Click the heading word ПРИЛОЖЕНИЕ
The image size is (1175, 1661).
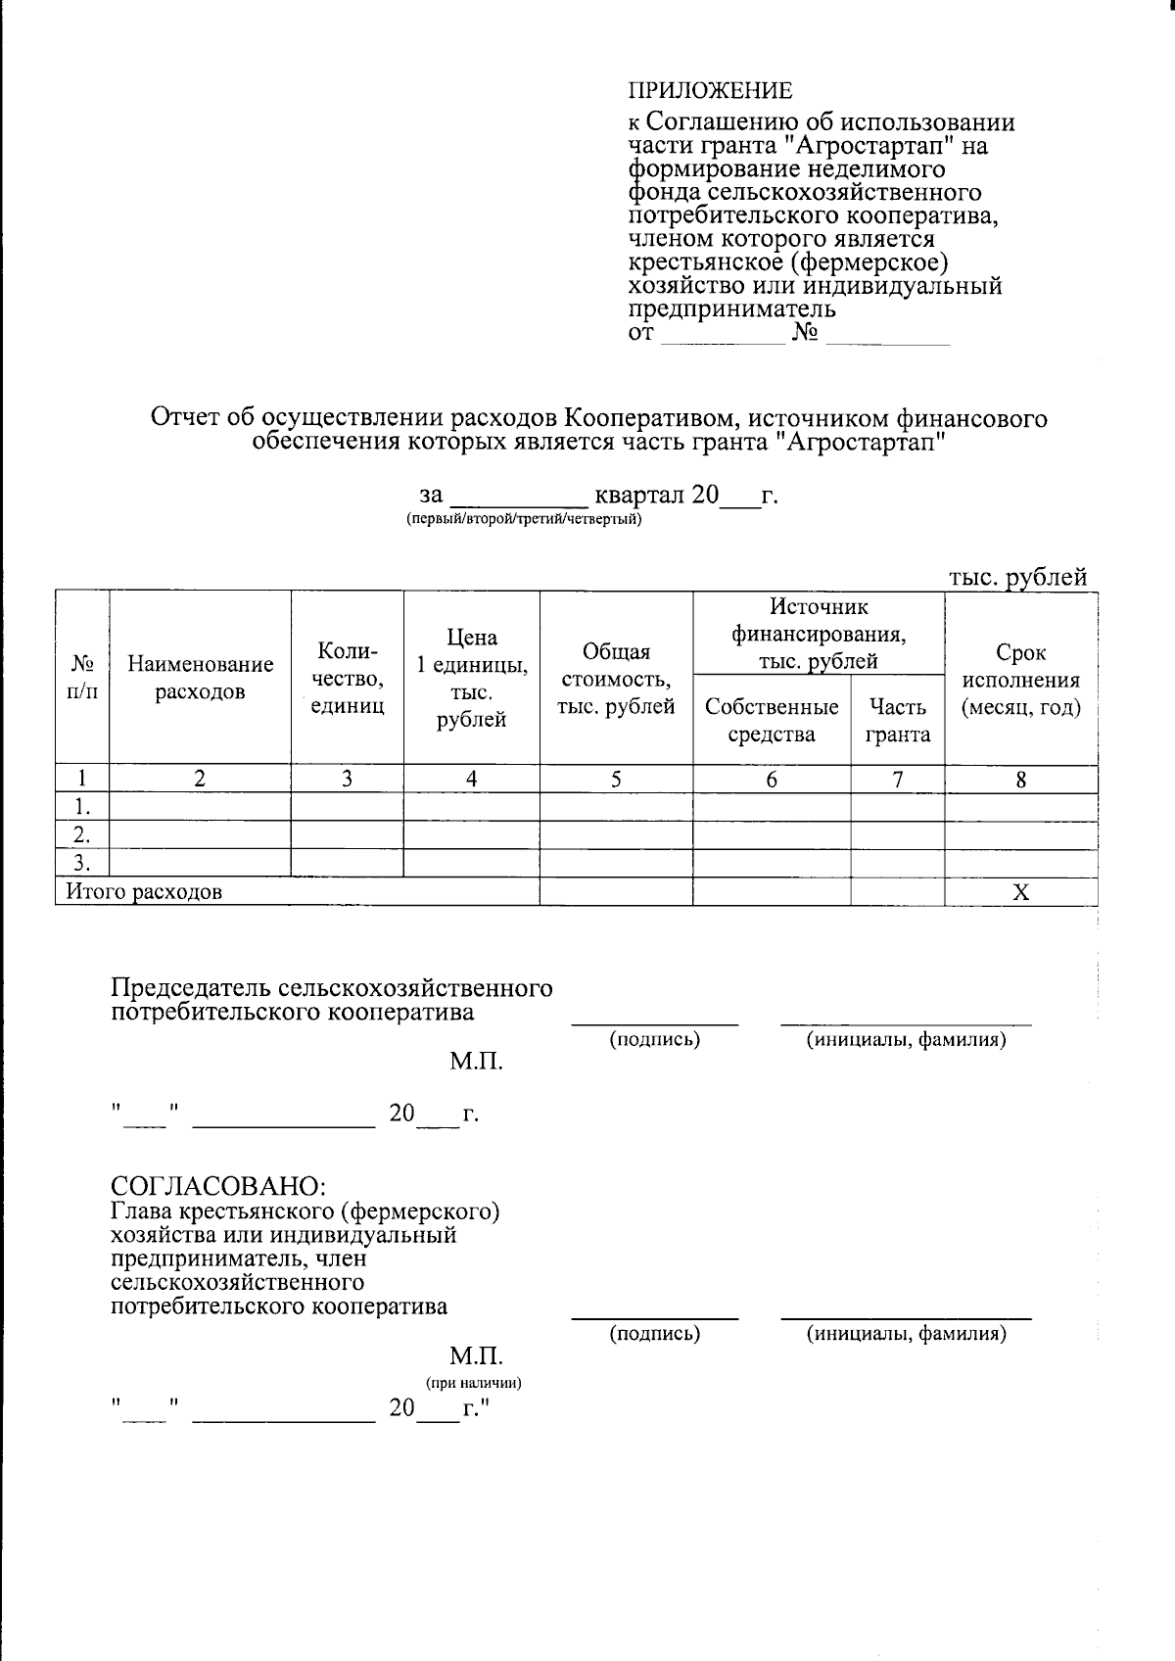[x=710, y=91]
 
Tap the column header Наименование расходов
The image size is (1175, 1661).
[x=200, y=678]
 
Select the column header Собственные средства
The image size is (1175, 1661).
[x=772, y=720]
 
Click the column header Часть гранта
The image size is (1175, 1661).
[x=897, y=720]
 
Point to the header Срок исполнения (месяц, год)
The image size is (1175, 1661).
[x=1020, y=680]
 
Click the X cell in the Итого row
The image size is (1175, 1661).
[x=1020, y=892]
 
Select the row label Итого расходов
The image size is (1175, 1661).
[x=144, y=892]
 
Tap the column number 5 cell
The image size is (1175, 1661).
[x=616, y=780]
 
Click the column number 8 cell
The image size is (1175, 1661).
[x=1020, y=780]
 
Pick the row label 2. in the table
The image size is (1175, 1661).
[x=82, y=835]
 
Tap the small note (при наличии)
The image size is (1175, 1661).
[x=473, y=1383]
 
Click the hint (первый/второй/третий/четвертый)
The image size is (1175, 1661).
[x=524, y=519]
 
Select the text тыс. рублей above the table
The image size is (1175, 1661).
[x=1017, y=578]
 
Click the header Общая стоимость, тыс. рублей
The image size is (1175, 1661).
[x=616, y=679]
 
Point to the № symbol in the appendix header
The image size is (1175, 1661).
[x=805, y=334]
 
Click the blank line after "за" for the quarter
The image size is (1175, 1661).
[x=518, y=498]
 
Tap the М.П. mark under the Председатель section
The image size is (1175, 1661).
[x=476, y=1062]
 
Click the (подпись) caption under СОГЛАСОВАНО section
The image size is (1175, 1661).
[x=654, y=1333]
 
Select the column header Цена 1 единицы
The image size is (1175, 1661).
[x=471, y=679]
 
